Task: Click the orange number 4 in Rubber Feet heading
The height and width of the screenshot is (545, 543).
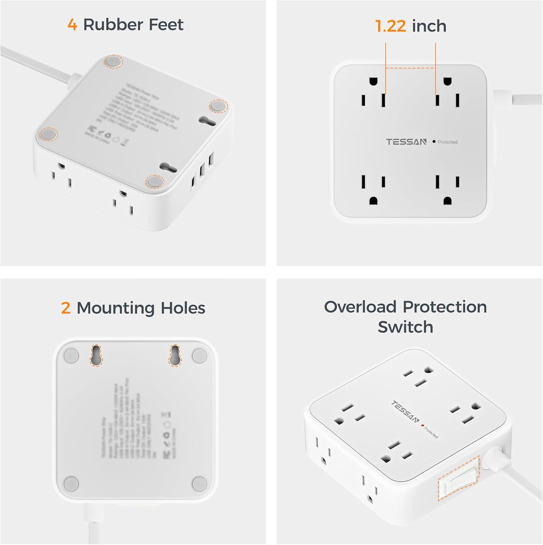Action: click(x=72, y=25)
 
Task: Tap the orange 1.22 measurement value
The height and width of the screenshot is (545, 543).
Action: click(x=390, y=26)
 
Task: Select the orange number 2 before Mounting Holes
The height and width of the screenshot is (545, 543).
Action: click(x=66, y=308)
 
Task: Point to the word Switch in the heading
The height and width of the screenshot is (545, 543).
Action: click(x=405, y=327)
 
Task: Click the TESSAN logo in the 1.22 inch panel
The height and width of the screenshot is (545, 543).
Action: click(x=406, y=142)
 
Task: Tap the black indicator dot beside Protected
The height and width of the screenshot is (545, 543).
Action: click(x=434, y=142)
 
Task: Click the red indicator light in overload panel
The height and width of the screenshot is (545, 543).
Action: click(x=423, y=425)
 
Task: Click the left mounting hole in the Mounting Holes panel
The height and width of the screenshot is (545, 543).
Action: click(x=96, y=355)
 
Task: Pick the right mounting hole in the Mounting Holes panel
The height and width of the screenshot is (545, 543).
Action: click(x=175, y=355)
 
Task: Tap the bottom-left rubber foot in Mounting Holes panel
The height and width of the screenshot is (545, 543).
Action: click(x=71, y=484)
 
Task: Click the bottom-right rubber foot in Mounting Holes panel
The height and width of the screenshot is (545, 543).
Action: click(x=199, y=484)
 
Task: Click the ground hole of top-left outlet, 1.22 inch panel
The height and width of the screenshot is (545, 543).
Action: click(x=373, y=81)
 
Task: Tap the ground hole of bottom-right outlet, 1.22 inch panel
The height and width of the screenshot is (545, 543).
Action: click(x=448, y=201)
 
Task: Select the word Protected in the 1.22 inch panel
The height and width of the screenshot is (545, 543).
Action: click(x=448, y=142)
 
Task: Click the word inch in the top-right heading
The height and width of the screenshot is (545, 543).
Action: click(x=429, y=26)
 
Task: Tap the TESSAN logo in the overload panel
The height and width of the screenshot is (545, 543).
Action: click(x=405, y=412)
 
